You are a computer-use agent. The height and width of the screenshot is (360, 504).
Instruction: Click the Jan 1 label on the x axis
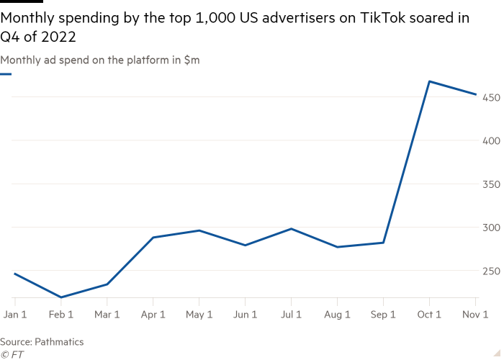14,315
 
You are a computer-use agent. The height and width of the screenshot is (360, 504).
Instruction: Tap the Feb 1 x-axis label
60,315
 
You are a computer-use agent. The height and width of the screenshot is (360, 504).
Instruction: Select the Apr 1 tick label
153,315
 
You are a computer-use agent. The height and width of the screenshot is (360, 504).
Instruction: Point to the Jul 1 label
291,315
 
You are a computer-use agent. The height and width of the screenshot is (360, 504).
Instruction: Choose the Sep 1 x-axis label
383,315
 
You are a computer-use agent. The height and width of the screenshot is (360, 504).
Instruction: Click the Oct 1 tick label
429,315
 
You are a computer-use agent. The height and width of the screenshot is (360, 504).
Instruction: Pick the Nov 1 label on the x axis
476,315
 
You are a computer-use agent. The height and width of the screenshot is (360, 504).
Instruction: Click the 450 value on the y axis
492,97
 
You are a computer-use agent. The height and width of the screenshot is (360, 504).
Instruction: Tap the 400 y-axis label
492,140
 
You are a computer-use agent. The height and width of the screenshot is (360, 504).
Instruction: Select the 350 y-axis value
492,184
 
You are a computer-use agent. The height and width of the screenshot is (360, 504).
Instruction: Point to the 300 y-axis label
492,228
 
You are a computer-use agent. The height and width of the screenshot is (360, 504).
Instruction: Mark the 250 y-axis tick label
492,271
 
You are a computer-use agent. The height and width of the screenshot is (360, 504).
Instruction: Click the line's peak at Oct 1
429,81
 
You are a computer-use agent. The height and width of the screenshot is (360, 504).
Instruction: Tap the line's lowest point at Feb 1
60,297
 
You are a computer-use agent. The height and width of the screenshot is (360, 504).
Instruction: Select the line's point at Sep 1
383,243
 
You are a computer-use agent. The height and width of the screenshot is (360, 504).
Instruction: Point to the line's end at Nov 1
476,94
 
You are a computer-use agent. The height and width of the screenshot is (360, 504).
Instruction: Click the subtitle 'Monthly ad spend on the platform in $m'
100,60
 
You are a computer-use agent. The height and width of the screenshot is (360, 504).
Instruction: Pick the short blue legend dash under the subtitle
6,73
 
